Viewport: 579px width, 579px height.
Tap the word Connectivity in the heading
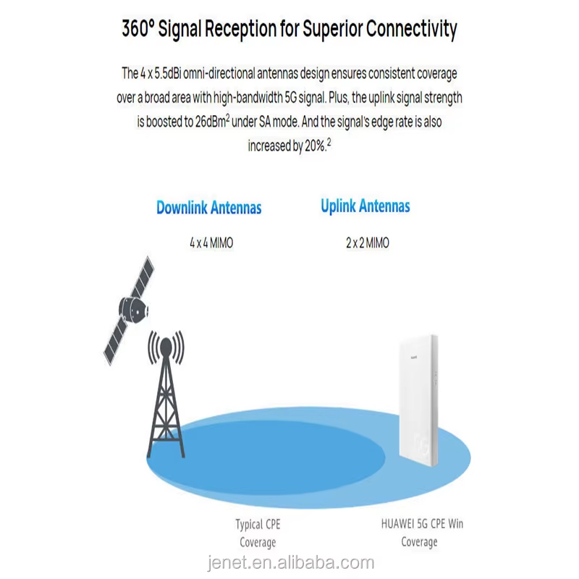(x=411, y=30)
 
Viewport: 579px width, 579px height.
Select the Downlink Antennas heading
(x=209, y=208)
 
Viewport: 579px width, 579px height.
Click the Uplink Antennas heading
(x=365, y=206)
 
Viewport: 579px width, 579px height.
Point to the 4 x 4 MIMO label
(x=211, y=243)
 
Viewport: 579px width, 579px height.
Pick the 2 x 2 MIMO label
(x=368, y=243)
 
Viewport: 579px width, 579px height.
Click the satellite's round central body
(x=133, y=309)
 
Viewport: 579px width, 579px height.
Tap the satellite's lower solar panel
(x=117, y=341)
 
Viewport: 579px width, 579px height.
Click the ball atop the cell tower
(x=166, y=347)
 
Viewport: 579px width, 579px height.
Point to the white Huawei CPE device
(x=418, y=401)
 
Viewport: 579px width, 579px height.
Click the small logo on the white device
(x=413, y=358)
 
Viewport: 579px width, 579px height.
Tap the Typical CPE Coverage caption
(x=258, y=533)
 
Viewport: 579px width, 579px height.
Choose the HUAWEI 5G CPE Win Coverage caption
(x=422, y=533)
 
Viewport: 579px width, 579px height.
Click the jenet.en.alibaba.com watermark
(x=291, y=563)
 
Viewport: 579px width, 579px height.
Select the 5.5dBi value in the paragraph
(x=167, y=74)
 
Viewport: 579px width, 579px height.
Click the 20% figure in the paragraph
(x=316, y=146)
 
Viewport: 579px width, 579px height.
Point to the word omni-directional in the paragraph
(x=219, y=74)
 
